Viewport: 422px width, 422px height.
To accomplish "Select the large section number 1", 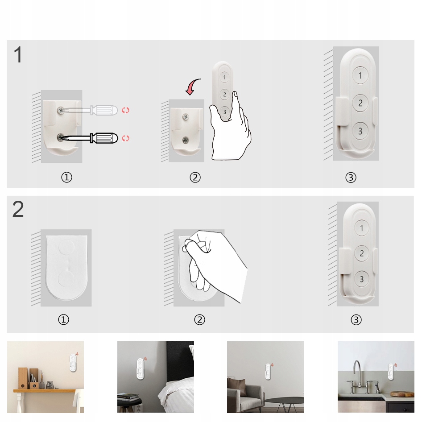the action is (18, 54).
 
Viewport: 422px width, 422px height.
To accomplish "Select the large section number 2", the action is (18, 209).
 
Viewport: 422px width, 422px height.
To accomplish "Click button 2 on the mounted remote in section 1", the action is (360, 103).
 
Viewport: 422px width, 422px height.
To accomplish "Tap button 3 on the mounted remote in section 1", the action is (360, 131).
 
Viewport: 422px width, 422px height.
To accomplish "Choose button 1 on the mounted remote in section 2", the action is (361, 228).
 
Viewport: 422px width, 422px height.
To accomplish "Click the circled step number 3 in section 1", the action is (351, 178).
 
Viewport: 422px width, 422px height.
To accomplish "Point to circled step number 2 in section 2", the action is (199, 320).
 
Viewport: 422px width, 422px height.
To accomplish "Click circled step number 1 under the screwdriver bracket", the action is (67, 178).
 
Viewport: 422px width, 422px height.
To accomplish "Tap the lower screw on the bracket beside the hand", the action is (186, 140).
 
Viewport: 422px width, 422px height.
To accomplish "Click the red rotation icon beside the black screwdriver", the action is (125, 138).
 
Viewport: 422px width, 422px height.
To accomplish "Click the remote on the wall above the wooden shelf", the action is (73, 362).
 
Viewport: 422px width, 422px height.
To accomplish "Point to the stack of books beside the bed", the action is (128, 397).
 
